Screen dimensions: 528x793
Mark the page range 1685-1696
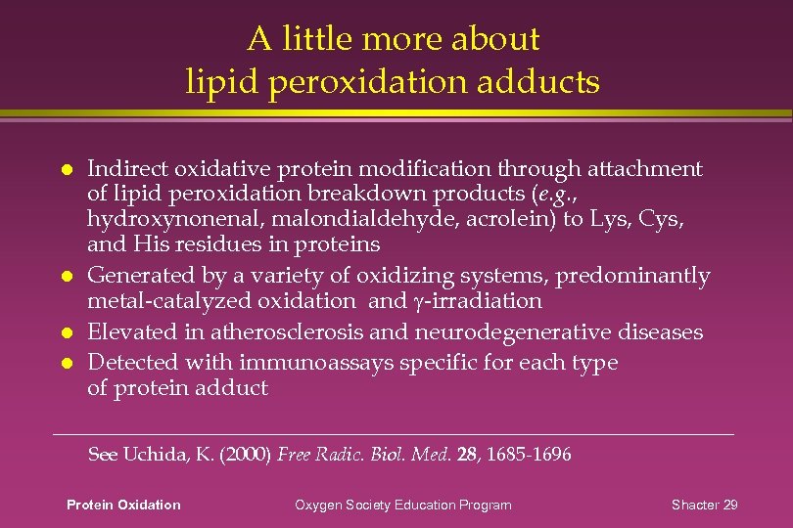pyautogui.click(x=530, y=455)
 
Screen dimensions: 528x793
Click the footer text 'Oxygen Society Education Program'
pyautogui.click(x=403, y=505)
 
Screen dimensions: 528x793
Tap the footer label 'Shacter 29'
pyautogui.click(x=705, y=505)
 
